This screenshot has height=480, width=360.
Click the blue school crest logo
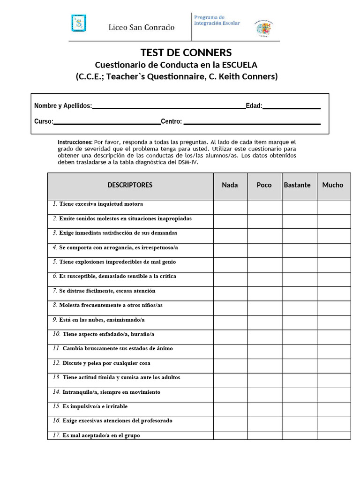(79, 23)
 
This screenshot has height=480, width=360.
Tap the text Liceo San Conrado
(141, 27)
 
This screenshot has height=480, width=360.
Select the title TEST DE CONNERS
(186, 52)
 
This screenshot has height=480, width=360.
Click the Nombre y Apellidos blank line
(169, 106)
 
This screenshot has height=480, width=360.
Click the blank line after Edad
(292, 106)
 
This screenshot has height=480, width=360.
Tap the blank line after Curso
(107, 122)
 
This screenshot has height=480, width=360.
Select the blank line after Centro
(252, 122)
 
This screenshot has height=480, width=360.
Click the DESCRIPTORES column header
(130, 185)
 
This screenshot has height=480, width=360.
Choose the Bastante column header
(297, 185)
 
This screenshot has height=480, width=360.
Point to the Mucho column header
(333, 185)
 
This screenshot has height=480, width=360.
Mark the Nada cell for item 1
(230, 207)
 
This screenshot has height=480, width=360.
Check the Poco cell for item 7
(264, 293)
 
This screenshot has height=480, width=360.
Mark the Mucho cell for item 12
(333, 366)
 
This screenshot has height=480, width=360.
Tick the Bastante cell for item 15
(299, 409)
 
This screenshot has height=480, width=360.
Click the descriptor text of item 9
(102, 320)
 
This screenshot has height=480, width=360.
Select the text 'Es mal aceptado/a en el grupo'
(101, 435)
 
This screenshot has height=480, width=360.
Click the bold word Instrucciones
(75, 142)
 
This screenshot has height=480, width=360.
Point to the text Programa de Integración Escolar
(217, 20)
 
